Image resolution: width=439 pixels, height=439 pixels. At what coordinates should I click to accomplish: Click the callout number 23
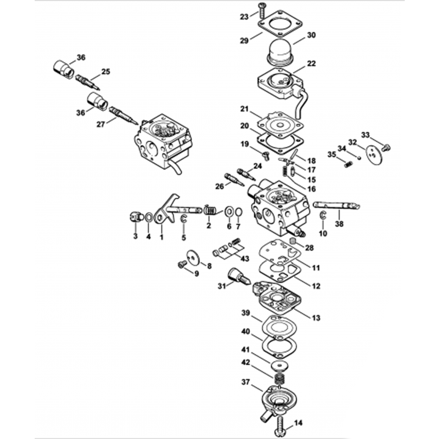click(x=244, y=17)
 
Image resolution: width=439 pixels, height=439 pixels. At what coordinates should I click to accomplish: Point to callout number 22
click(x=311, y=64)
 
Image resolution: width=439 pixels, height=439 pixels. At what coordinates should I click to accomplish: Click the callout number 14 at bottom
click(x=299, y=423)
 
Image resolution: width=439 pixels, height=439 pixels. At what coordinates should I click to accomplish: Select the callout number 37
click(x=246, y=382)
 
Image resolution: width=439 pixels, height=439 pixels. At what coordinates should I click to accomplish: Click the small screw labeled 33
click(x=387, y=147)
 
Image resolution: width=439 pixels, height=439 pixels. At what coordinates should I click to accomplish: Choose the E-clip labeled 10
click(x=323, y=216)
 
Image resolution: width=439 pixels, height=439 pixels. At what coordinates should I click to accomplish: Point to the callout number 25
click(x=105, y=72)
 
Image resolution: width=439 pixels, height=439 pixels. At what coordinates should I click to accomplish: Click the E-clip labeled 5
click(x=184, y=219)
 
